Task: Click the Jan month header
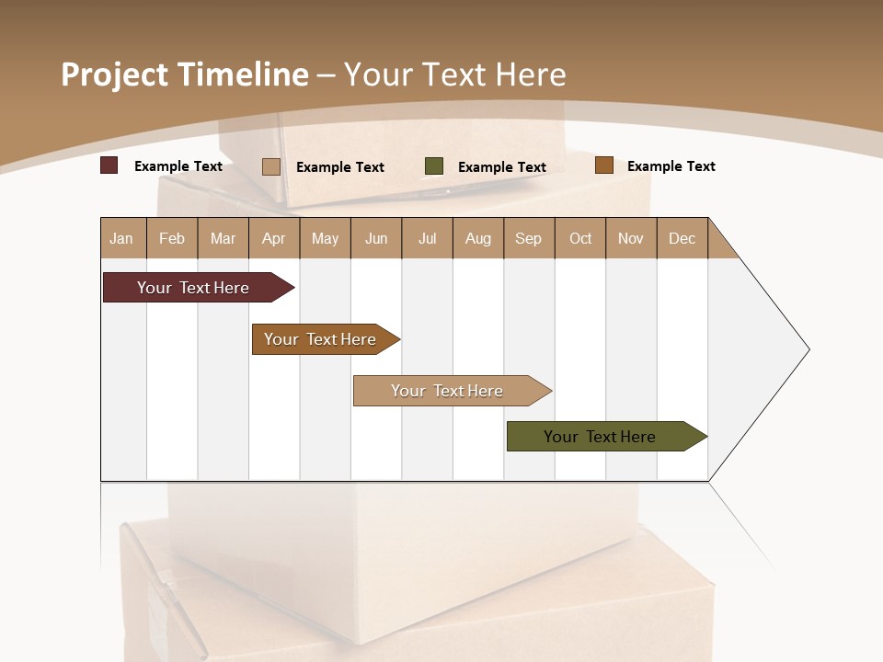point(122,238)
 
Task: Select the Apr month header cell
point(274,238)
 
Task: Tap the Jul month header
point(427,238)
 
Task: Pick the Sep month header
point(529,238)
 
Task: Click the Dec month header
point(682,238)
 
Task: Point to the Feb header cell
point(172,238)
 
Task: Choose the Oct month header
point(580,238)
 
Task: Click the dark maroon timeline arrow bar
point(193,288)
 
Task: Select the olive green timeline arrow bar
point(600,437)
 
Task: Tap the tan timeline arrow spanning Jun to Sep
point(447,391)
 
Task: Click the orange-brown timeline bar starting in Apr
point(320,339)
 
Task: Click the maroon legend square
point(109,165)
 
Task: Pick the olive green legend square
point(434,166)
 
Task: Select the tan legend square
point(271,166)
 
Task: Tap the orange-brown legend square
point(603,165)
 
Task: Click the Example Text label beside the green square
point(502,167)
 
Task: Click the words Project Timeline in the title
point(184,74)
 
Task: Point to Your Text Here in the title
point(454,74)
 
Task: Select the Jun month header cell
point(376,238)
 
